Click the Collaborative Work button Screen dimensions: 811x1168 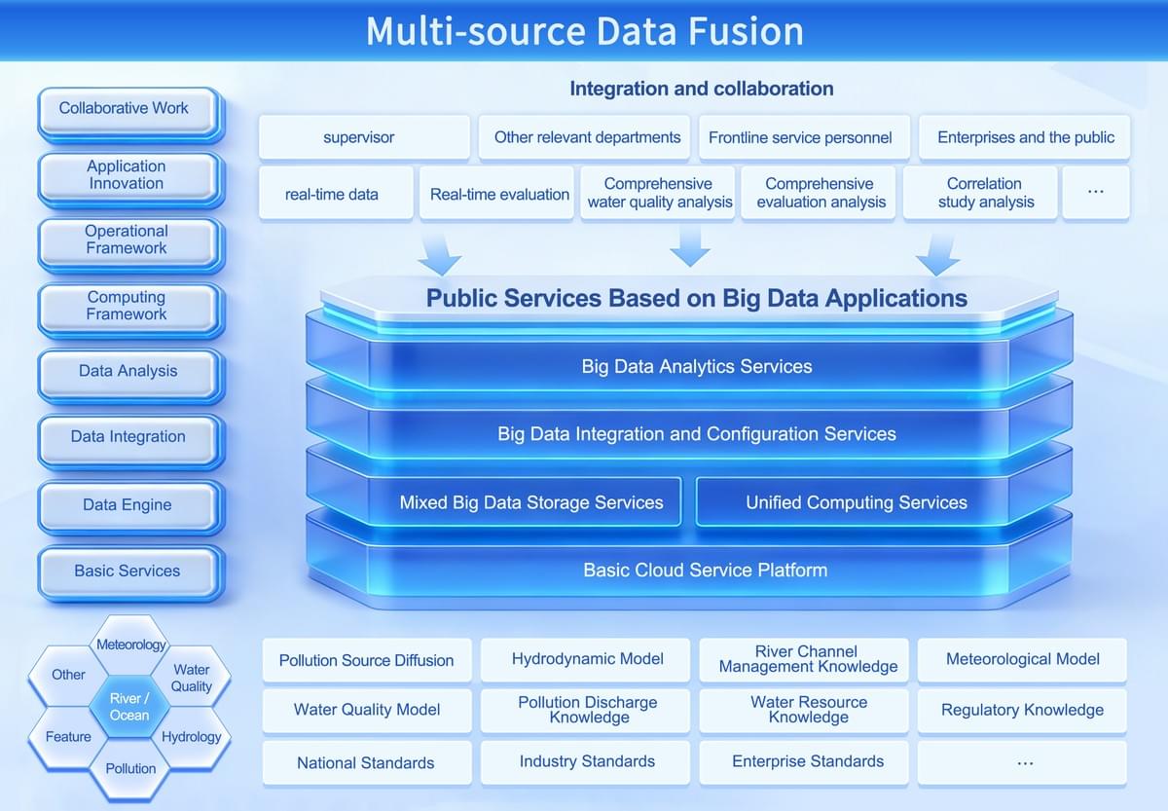[x=127, y=110]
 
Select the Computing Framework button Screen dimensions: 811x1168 [x=127, y=307]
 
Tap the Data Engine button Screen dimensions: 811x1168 [x=127, y=505]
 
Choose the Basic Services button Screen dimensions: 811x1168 [x=127, y=571]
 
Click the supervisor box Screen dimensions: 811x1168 [x=359, y=137]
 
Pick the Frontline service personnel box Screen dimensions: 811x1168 [x=800, y=137]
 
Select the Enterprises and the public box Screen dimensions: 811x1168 [x=1026, y=137]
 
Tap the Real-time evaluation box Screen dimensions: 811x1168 [x=499, y=194]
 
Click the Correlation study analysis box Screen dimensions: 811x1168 [x=984, y=193]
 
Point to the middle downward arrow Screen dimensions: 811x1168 [x=690, y=247]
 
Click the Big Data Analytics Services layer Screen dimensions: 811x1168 [x=696, y=367]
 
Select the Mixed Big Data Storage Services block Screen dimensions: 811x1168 [x=531, y=503]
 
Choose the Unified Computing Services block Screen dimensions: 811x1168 [x=857, y=503]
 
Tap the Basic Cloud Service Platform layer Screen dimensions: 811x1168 [x=705, y=571]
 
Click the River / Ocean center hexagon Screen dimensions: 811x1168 [x=129, y=707]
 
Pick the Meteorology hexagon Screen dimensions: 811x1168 [x=131, y=645]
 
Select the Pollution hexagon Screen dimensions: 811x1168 [x=130, y=768]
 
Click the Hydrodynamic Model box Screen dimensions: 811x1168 [x=587, y=659]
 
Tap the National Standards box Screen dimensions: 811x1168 [x=366, y=763]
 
